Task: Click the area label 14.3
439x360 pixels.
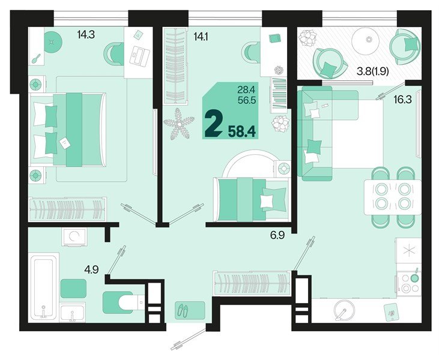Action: tap(86, 35)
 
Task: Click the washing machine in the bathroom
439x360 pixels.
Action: tap(74, 237)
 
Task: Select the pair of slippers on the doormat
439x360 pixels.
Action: tap(184, 311)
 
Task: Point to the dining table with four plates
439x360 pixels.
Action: tap(392, 195)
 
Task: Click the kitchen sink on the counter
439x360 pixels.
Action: tap(344, 312)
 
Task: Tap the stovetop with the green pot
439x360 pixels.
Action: tap(410, 283)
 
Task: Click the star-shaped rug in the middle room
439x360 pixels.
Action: tap(179, 125)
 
